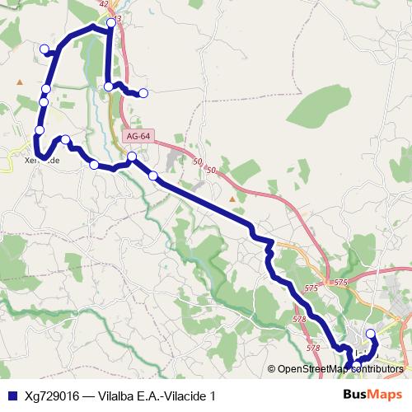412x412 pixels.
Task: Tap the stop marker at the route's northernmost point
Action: click(111, 22)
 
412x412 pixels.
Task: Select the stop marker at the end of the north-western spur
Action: click(44, 49)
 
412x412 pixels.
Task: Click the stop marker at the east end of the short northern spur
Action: click(143, 93)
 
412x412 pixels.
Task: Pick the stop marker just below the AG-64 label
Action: click(132, 157)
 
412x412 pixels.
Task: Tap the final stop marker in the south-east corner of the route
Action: click(370, 334)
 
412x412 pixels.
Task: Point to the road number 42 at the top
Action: click(103, 4)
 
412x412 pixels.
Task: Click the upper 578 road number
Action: click(299, 319)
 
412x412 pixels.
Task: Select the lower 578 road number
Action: click(313, 348)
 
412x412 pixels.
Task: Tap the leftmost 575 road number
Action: click(311, 288)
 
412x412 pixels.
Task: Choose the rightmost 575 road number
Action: click(340, 283)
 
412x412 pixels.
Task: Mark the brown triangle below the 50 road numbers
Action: click(232, 198)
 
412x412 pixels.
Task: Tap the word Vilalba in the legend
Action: click(118, 396)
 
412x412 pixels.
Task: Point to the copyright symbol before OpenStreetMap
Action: click(272, 368)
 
